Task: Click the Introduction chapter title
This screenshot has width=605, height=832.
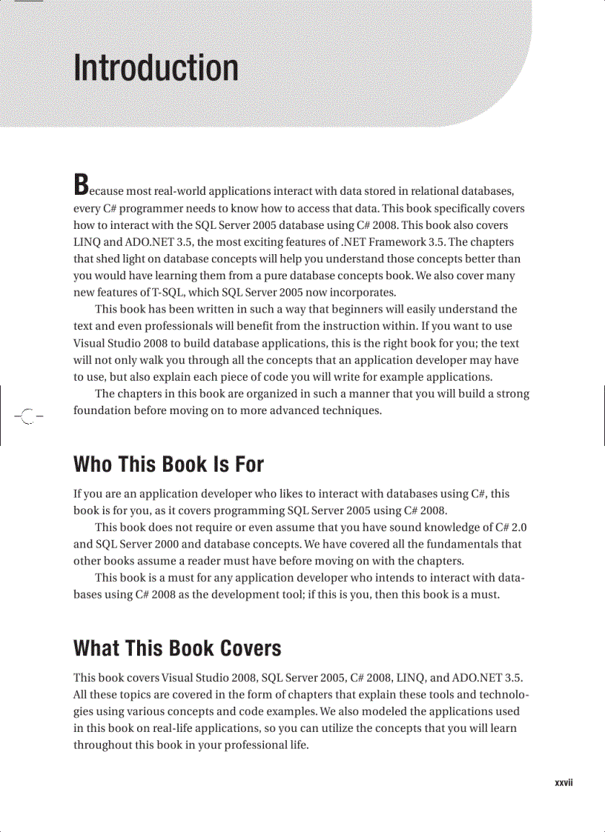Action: point(156,68)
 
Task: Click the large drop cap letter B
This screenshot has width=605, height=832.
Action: point(82,185)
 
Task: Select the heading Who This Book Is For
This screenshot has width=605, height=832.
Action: point(168,465)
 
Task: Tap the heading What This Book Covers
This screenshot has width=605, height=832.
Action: point(177,648)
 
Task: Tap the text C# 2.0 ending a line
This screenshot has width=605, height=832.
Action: point(510,528)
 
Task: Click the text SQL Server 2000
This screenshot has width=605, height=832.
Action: point(138,544)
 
